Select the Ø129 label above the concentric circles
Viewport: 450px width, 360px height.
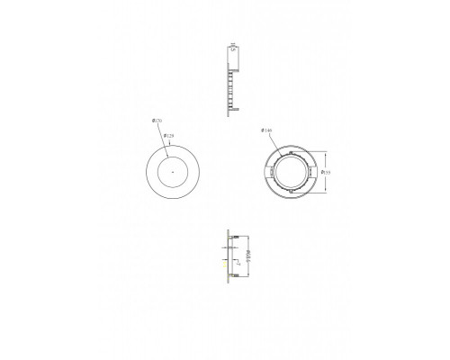click(168, 136)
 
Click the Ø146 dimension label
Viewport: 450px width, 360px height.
click(266, 132)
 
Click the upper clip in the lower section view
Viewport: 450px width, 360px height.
click(233, 238)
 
